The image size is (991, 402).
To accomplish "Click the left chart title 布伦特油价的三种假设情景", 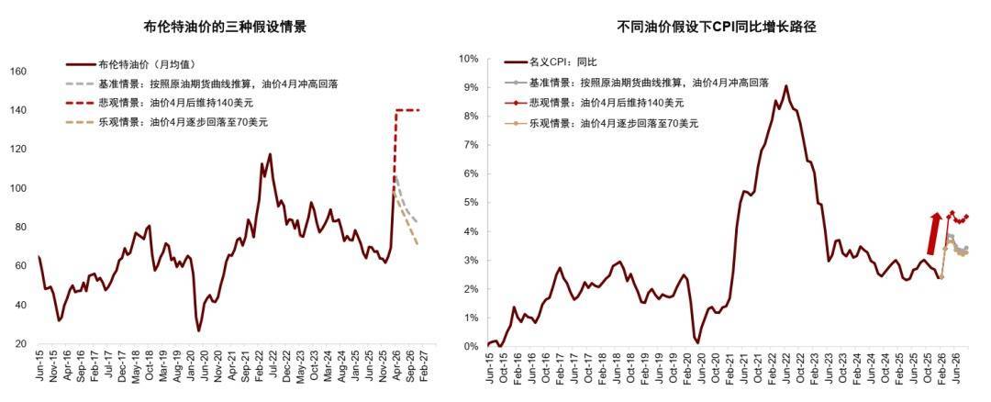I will tap(226, 28).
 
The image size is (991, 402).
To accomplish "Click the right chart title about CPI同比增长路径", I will tap(717, 28).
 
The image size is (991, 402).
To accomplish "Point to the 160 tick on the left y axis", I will tap(18, 72).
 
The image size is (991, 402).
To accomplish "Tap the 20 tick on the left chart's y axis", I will tap(21, 343).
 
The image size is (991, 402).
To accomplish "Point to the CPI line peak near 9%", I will tap(785, 86).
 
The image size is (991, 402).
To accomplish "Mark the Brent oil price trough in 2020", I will tap(198, 330).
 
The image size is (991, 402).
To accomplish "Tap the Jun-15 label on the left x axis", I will tap(39, 367).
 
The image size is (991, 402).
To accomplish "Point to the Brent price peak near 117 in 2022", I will tap(270, 154).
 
